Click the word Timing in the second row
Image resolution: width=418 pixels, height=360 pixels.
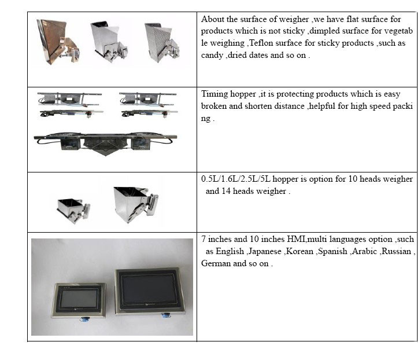(215, 94)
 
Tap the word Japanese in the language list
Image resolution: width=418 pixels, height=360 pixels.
(267, 251)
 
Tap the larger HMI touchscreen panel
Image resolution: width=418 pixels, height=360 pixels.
(150, 292)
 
